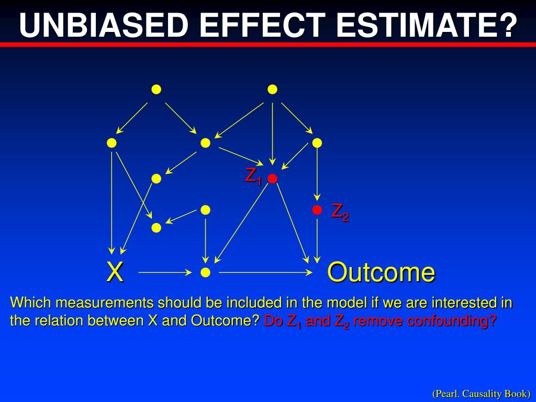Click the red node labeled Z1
[x=272, y=178]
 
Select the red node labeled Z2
[x=317, y=210]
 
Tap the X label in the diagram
[x=115, y=272]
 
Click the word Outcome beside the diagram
[x=381, y=272]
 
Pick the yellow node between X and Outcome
[x=205, y=272]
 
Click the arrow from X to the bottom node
[x=165, y=272]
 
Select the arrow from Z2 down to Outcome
[x=317, y=241]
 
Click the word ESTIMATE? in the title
[x=427, y=25]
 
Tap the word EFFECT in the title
[x=262, y=25]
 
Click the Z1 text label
[x=253, y=177]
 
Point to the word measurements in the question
[x=104, y=303]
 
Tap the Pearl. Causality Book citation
[x=482, y=394]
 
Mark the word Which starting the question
[x=31, y=303]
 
